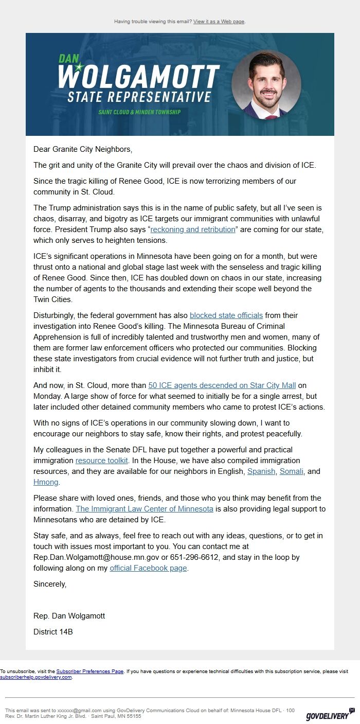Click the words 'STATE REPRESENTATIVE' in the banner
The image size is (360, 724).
click(139, 97)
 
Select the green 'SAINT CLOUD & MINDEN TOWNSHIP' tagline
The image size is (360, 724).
click(139, 112)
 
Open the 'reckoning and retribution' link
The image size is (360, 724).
click(192, 229)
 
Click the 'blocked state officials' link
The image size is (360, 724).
click(226, 315)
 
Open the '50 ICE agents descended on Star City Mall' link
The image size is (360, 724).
click(222, 385)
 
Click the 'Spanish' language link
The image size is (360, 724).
click(261, 471)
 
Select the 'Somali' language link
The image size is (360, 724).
click(292, 471)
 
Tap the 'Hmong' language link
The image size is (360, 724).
click(46, 482)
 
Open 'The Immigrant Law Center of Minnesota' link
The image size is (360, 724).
click(145, 509)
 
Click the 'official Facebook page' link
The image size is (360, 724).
click(149, 568)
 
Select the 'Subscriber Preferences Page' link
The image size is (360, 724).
click(89, 672)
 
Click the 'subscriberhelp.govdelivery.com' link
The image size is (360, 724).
click(35, 677)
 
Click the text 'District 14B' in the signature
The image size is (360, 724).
click(53, 631)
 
